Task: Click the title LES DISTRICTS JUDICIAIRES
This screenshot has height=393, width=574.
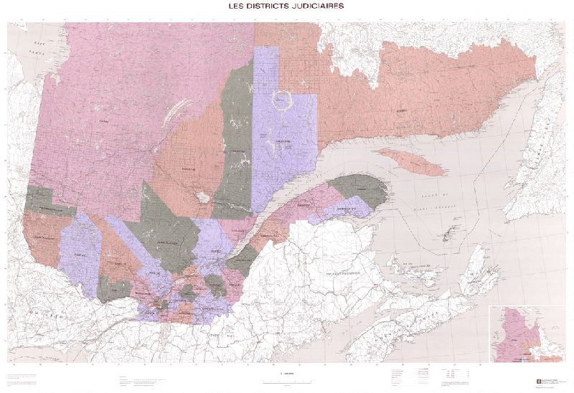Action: coord(285,6)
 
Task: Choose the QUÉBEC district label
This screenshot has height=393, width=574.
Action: coord(216,252)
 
